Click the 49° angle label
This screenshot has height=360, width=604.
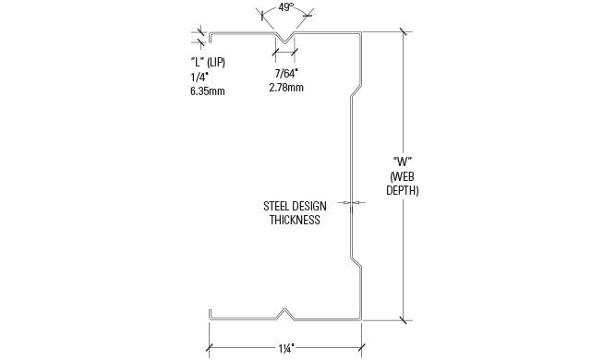pos(284,7)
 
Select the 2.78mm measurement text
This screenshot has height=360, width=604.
pos(286,88)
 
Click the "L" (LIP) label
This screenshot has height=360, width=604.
pos(208,63)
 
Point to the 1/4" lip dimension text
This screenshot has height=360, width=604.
pos(199,77)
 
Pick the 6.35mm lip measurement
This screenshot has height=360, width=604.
pos(208,91)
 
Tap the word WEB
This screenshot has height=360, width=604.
pos(403,176)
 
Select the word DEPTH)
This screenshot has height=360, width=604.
pos(403,190)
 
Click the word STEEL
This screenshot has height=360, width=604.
pos(276,206)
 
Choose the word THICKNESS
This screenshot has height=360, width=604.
pos(295,220)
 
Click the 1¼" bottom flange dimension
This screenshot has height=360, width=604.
pos(286,349)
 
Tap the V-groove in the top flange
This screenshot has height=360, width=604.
pos(284,39)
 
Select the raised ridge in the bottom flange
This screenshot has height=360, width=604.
pos(285,313)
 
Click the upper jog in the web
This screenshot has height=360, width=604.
pos(356,91)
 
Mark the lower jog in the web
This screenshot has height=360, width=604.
pos(356,261)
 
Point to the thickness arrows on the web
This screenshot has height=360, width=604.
pos(351,202)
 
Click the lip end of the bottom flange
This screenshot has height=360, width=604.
pos(211,314)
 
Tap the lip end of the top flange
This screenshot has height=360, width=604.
pos(211,37)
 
